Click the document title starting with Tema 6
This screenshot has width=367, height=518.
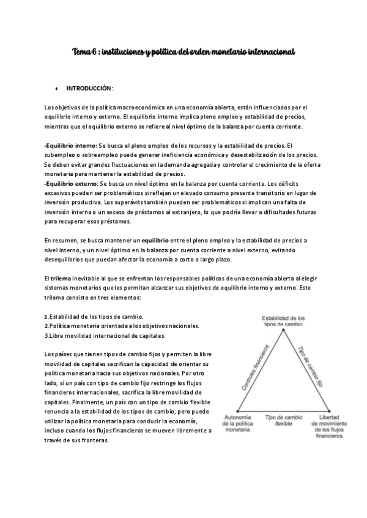(x=183, y=53)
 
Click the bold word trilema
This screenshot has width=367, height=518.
(x=61, y=279)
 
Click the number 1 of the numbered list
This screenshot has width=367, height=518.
(x=46, y=316)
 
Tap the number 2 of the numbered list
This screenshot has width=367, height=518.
(x=46, y=326)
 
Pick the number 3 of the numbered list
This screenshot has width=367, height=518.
(x=46, y=336)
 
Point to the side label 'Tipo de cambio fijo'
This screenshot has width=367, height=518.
(x=309, y=367)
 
